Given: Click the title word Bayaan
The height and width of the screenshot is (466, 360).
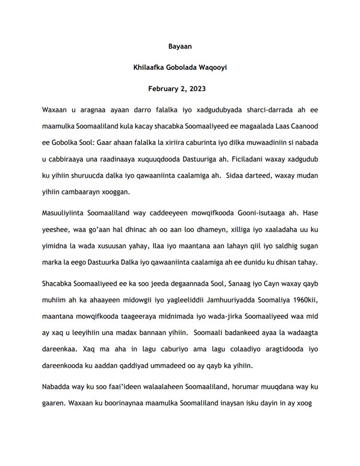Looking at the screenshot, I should [179, 47].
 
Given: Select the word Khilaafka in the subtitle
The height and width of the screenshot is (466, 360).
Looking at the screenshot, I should [150, 68].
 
